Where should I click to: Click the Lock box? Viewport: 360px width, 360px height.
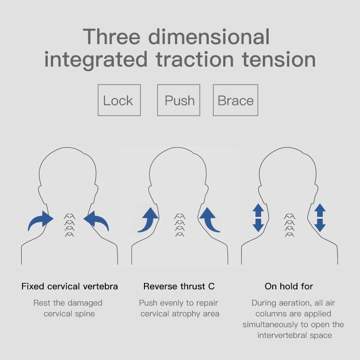click(x=119, y=100)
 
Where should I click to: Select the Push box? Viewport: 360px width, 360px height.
click(x=179, y=100)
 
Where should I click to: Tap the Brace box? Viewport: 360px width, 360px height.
click(x=235, y=100)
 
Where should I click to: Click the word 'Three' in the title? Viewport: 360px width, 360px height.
click(x=112, y=37)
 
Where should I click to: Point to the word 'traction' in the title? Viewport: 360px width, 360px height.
click(x=195, y=59)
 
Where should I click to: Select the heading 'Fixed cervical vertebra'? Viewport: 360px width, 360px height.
click(x=70, y=286)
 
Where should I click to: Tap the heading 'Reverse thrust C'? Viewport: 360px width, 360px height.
click(x=179, y=286)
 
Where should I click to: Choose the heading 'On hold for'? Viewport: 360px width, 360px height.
click(x=289, y=286)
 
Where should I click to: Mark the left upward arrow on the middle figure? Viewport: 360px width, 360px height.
click(x=149, y=221)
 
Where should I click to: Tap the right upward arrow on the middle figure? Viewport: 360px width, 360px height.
click(x=209, y=221)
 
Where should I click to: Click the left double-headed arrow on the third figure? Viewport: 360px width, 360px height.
click(x=258, y=218)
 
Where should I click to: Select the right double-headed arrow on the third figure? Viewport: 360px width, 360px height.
click(x=320, y=218)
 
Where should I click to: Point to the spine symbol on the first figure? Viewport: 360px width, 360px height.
click(x=69, y=225)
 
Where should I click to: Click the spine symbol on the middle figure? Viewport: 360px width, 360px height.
click(x=180, y=225)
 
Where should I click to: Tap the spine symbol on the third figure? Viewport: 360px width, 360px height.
click(x=289, y=225)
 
